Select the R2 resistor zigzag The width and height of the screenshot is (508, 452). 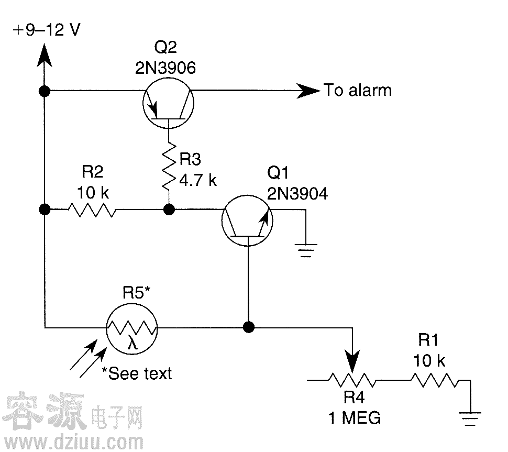pyautogui.click(x=91, y=210)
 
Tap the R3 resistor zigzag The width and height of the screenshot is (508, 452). pyautogui.click(x=169, y=168)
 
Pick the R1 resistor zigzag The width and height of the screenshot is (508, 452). pyautogui.click(x=436, y=380)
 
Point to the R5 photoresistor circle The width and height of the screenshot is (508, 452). pyautogui.click(x=131, y=328)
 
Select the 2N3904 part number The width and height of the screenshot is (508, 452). pyautogui.click(x=297, y=194)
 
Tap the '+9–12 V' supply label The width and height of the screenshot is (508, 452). pyautogui.click(x=47, y=30)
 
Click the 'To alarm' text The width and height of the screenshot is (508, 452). pyautogui.click(x=358, y=91)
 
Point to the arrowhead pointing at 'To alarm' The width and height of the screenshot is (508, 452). pyautogui.click(x=308, y=91)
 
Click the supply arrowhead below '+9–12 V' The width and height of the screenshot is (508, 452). pyautogui.click(x=45, y=54)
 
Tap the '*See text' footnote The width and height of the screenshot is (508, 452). pyautogui.click(x=137, y=373)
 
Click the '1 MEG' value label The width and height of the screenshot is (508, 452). pyautogui.click(x=354, y=418)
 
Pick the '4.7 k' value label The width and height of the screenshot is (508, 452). pyautogui.click(x=198, y=181)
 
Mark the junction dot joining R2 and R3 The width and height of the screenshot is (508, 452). pyautogui.click(x=169, y=210)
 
